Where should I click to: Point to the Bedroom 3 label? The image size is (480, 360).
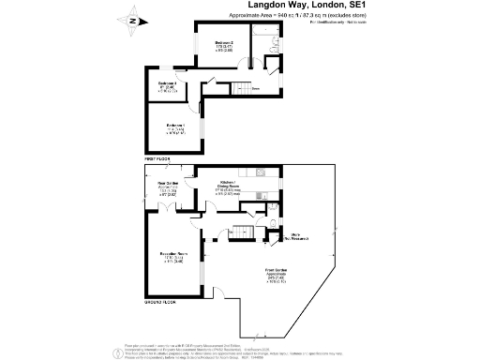tap(168, 85)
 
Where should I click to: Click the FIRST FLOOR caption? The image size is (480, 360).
tap(156, 160)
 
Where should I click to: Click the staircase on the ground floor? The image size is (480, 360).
tap(245, 232)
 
